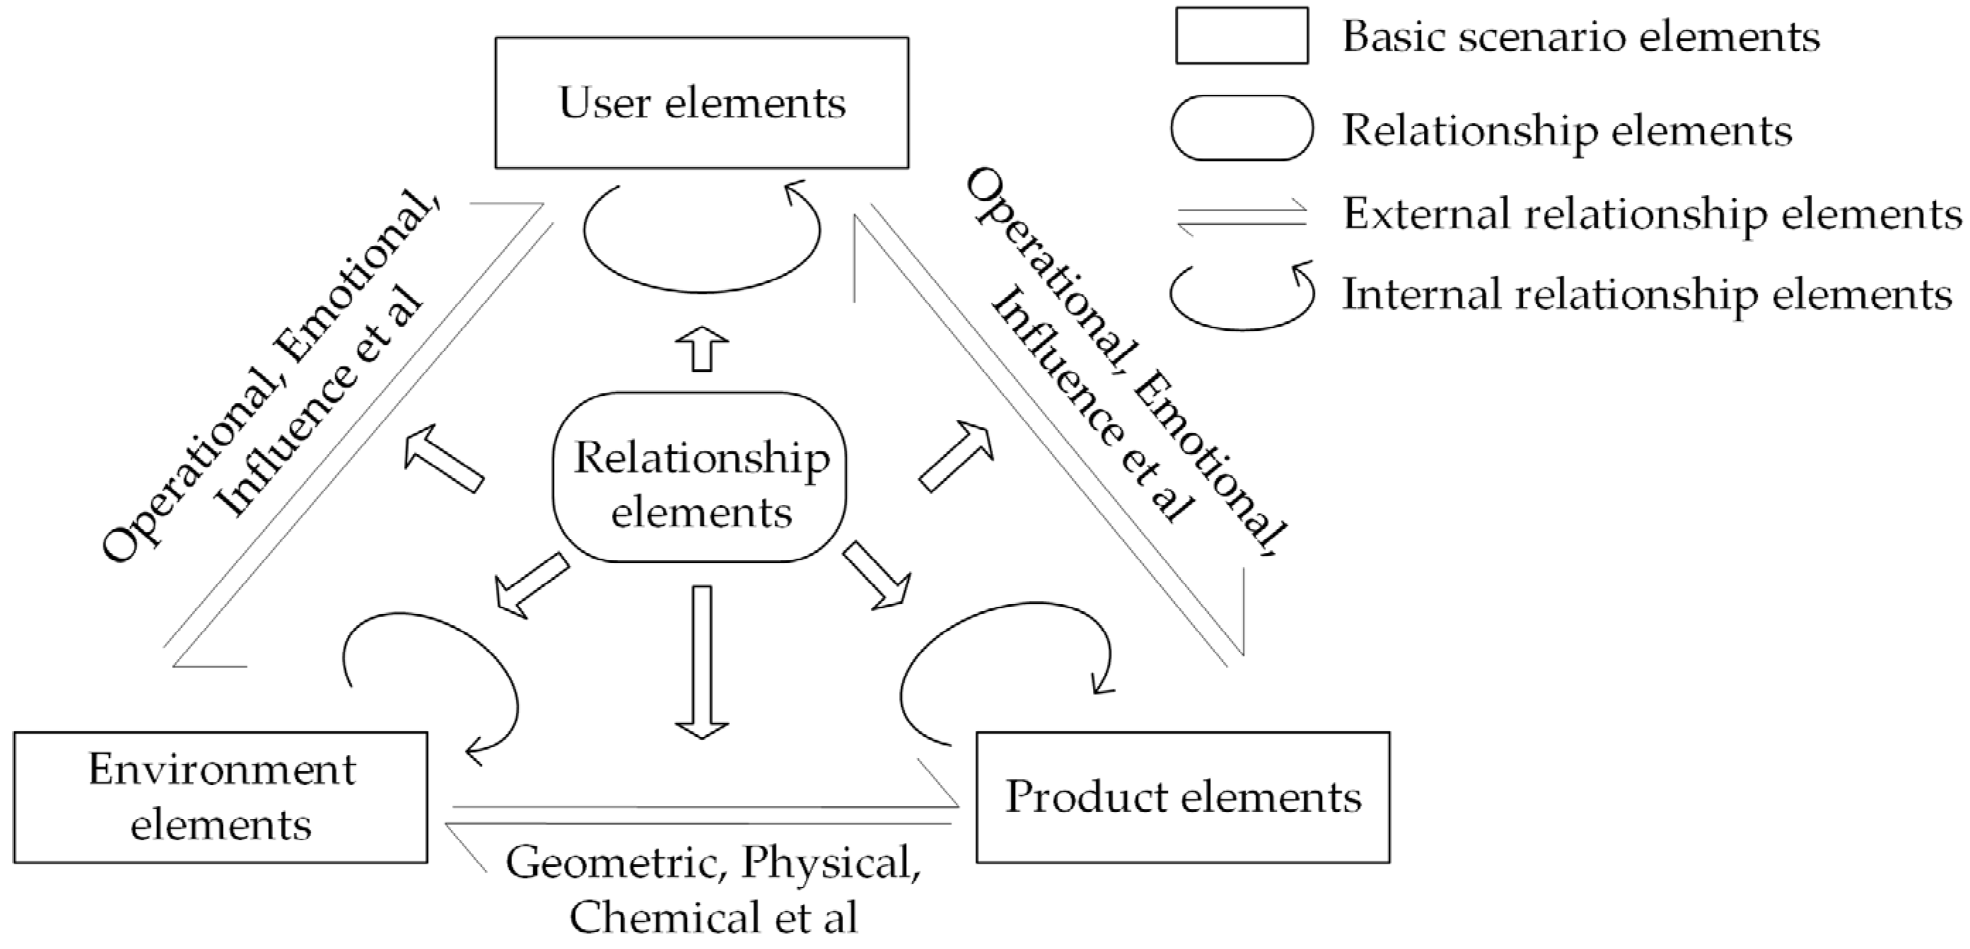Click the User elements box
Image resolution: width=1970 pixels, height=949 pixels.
coord(701,103)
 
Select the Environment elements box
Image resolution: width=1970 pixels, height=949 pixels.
coord(220,797)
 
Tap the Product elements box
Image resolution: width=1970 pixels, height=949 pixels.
coord(1182,797)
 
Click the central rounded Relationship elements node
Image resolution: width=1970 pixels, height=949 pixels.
coord(700,478)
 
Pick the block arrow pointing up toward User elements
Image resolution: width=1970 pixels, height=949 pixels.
coord(702,348)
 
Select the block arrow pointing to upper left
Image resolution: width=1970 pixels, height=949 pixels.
coord(443,458)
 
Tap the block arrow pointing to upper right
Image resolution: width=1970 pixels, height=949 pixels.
coord(956,456)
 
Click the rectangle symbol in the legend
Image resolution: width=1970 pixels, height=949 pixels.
coord(1241,35)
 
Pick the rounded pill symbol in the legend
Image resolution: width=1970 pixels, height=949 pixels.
coord(1241,128)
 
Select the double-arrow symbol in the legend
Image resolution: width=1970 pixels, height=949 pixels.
coord(1241,216)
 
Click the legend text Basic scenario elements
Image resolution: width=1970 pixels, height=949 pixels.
coord(1581,37)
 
